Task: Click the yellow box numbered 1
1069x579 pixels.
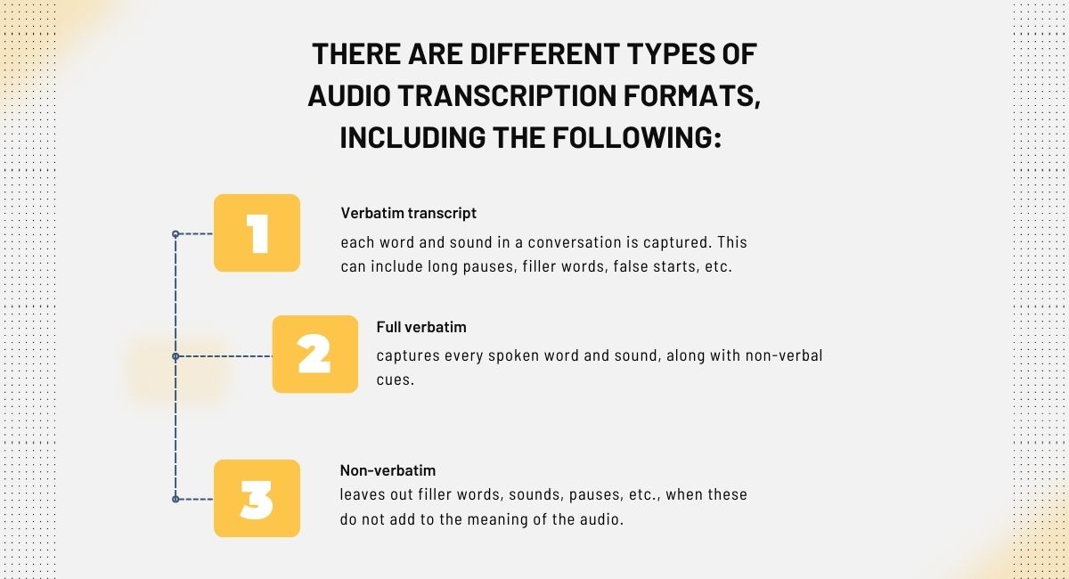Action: click(x=257, y=233)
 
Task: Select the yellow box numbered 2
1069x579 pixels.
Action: click(x=314, y=355)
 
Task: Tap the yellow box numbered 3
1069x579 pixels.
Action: click(x=257, y=498)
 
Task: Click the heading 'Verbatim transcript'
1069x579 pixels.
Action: click(x=409, y=214)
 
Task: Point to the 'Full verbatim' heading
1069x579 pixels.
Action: click(x=421, y=327)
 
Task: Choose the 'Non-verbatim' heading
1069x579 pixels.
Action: click(x=388, y=470)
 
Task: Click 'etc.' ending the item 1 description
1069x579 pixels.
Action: click(x=718, y=267)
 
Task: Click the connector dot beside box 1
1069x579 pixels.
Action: click(x=175, y=234)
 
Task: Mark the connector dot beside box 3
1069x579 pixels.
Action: click(x=175, y=499)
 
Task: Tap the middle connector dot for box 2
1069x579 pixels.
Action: click(x=175, y=356)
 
